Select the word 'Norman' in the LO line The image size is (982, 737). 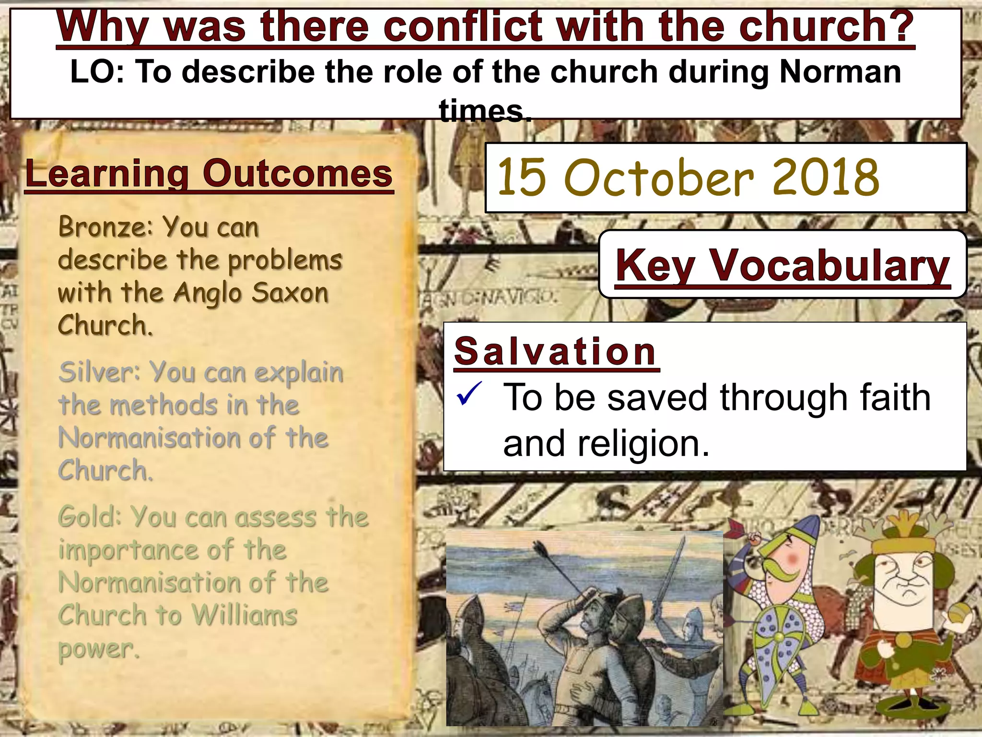click(840, 72)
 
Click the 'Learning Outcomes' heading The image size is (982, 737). click(209, 174)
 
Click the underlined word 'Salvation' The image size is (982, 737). click(555, 351)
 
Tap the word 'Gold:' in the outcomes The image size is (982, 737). click(90, 517)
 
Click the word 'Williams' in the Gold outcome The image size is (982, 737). click(245, 615)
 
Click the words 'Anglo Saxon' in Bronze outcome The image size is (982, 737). click(251, 293)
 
